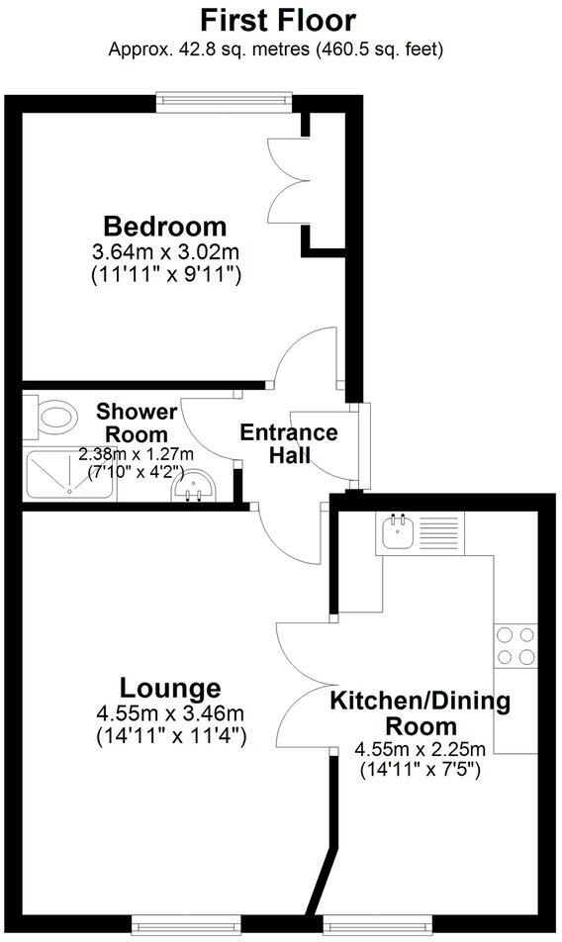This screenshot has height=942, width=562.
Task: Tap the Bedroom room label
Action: (x=166, y=226)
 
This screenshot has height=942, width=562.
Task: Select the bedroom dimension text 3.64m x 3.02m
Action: (x=166, y=251)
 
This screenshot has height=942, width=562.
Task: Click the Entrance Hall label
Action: (x=289, y=443)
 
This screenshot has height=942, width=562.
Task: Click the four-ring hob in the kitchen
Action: (x=515, y=646)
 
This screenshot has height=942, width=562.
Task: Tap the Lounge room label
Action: (x=170, y=687)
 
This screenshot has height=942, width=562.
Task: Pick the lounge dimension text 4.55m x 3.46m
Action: (x=170, y=713)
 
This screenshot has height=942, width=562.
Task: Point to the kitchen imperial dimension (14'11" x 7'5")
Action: (x=421, y=768)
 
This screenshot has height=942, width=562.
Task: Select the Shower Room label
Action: (x=138, y=423)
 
